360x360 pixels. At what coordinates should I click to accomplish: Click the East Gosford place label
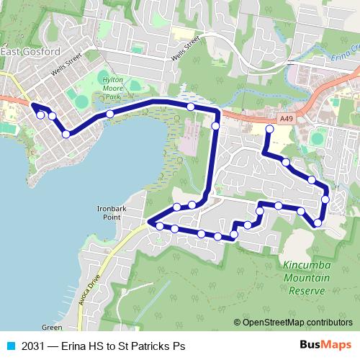click(30, 52)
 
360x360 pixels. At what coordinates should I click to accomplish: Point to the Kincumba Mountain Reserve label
click(306, 278)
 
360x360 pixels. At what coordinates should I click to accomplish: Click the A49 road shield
click(286, 118)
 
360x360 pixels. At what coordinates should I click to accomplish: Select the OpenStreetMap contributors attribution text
click(293, 323)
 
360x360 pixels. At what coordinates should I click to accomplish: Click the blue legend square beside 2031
click(11, 346)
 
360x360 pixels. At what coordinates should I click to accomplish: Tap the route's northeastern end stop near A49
click(269, 129)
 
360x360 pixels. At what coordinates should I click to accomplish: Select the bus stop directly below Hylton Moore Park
click(109, 114)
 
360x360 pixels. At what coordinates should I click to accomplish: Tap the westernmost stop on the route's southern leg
click(159, 226)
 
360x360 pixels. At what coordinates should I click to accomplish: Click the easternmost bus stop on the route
click(325, 199)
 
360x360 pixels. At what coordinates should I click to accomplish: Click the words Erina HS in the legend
click(81, 346)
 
